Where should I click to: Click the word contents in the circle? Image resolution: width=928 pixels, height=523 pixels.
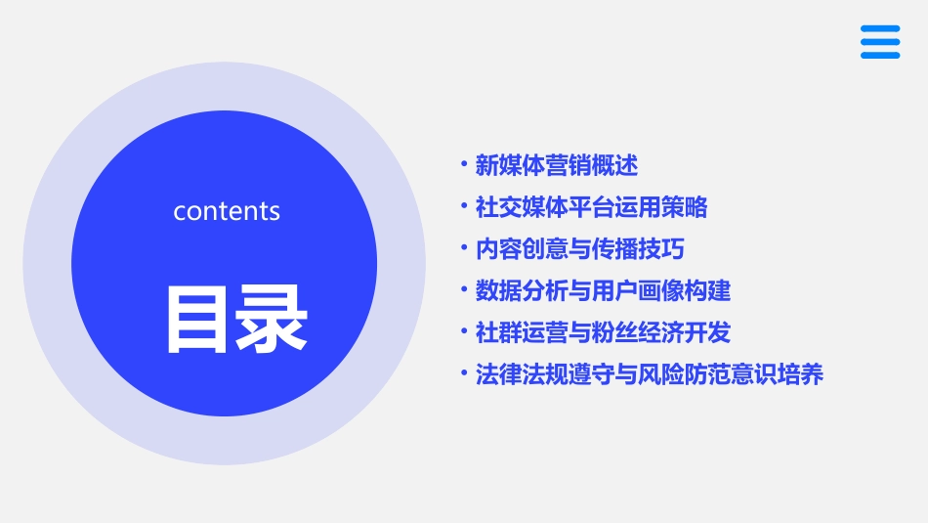227,211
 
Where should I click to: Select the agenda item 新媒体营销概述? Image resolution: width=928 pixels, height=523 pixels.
556,165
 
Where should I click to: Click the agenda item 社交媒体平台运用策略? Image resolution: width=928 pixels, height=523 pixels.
591,207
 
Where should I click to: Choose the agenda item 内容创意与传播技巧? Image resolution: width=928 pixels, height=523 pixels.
579,249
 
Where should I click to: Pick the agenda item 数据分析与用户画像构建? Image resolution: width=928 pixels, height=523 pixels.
603,290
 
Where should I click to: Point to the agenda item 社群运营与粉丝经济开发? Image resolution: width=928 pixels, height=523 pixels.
603,332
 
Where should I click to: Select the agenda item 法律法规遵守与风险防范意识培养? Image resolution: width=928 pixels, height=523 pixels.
650,374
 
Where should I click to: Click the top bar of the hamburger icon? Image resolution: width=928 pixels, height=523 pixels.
880,28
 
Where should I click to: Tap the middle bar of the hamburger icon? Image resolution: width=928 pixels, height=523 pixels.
880,42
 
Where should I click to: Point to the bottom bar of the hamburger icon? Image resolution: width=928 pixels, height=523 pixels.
880,55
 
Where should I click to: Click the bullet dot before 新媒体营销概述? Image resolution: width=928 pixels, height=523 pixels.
464,165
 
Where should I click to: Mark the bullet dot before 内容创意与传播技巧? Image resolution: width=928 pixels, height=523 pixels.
464,248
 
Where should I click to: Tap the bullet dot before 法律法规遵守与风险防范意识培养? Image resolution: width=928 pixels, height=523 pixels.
464,373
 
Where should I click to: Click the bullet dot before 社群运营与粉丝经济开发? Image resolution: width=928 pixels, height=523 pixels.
464,331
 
